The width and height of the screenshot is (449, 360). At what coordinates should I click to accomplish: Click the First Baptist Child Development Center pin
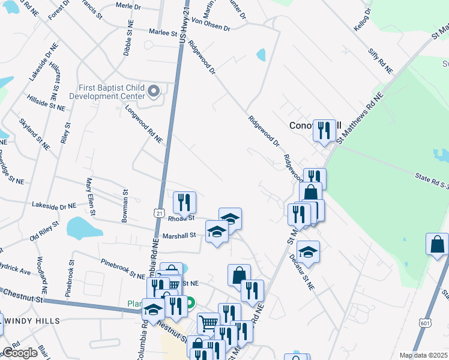154,92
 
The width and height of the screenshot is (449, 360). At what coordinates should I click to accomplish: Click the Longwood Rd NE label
144,124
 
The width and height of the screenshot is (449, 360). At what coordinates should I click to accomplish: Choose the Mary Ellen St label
91,196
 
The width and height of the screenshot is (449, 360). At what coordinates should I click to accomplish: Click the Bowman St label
125,206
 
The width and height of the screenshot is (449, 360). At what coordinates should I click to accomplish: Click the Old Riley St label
45,230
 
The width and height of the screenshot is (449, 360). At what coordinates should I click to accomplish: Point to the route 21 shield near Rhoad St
158,213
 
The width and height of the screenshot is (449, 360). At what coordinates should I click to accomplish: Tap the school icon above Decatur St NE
308,251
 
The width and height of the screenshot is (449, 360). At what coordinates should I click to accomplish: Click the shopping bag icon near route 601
437,244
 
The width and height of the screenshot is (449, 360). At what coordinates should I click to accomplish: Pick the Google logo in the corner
20,353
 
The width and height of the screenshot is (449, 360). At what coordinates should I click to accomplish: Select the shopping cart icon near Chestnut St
208,323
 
